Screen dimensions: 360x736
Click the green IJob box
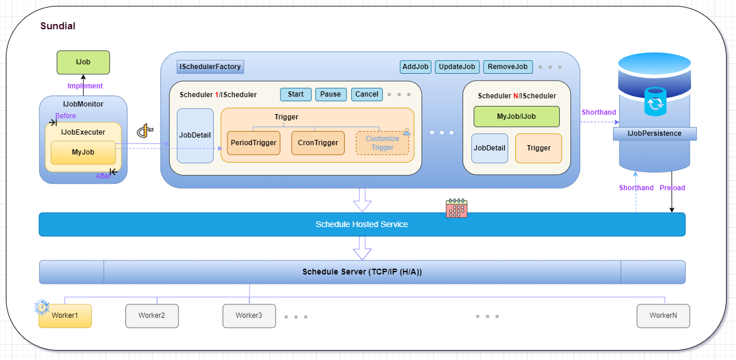83,62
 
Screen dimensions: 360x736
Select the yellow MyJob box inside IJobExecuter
83,153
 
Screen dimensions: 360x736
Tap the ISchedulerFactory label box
210,67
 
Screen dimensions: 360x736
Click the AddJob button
416,67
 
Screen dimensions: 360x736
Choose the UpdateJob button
457,67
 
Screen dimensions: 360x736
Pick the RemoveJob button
508,67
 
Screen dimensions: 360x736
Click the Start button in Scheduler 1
296,94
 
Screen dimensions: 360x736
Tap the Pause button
330,94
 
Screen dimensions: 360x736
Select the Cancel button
367,94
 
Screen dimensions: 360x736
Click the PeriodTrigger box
254,143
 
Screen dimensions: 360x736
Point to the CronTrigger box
318,143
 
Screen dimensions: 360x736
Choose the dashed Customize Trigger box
382,143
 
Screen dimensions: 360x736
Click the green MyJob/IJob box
516,116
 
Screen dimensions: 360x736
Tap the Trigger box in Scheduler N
538,148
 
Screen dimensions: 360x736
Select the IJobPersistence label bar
655,133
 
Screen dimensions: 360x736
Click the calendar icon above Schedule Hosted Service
456,208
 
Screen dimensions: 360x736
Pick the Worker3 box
249,316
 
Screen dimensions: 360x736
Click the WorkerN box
663,316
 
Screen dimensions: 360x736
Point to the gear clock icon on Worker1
42,307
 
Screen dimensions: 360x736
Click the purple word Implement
85,86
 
